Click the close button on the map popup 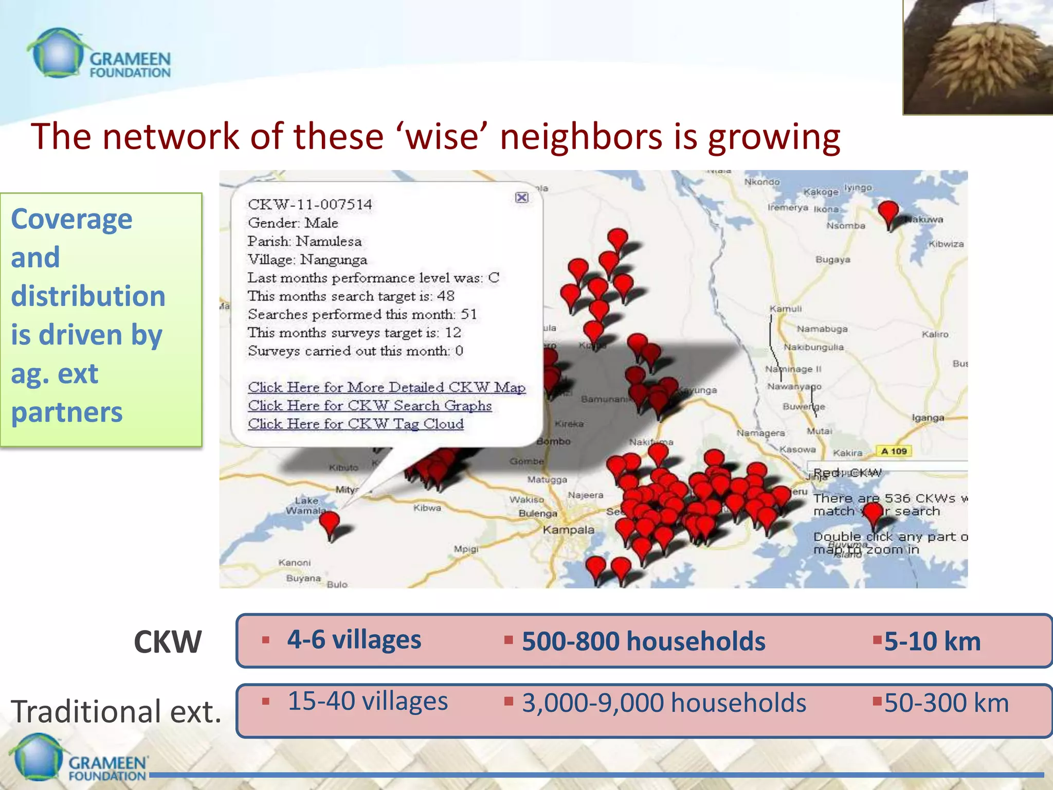pos(521,197)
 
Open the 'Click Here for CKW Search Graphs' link pos(370,406)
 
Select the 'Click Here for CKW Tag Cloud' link pos(356,424)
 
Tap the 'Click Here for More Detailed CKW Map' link pos(387,387)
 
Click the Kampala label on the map pos(568,530)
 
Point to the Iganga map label pos(928,418)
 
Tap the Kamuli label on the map pos(785,309)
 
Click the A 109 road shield pos(894,451)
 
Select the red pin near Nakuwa pos(888,212)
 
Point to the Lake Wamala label pos(306,506)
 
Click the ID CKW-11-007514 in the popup pos(310,205)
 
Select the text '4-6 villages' pos(354,640)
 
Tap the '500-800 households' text pos(643,641)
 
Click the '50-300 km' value pos(946,703)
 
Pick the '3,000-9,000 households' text pos(664,703)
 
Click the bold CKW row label pos(167,642)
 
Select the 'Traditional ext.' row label pos(116,711)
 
